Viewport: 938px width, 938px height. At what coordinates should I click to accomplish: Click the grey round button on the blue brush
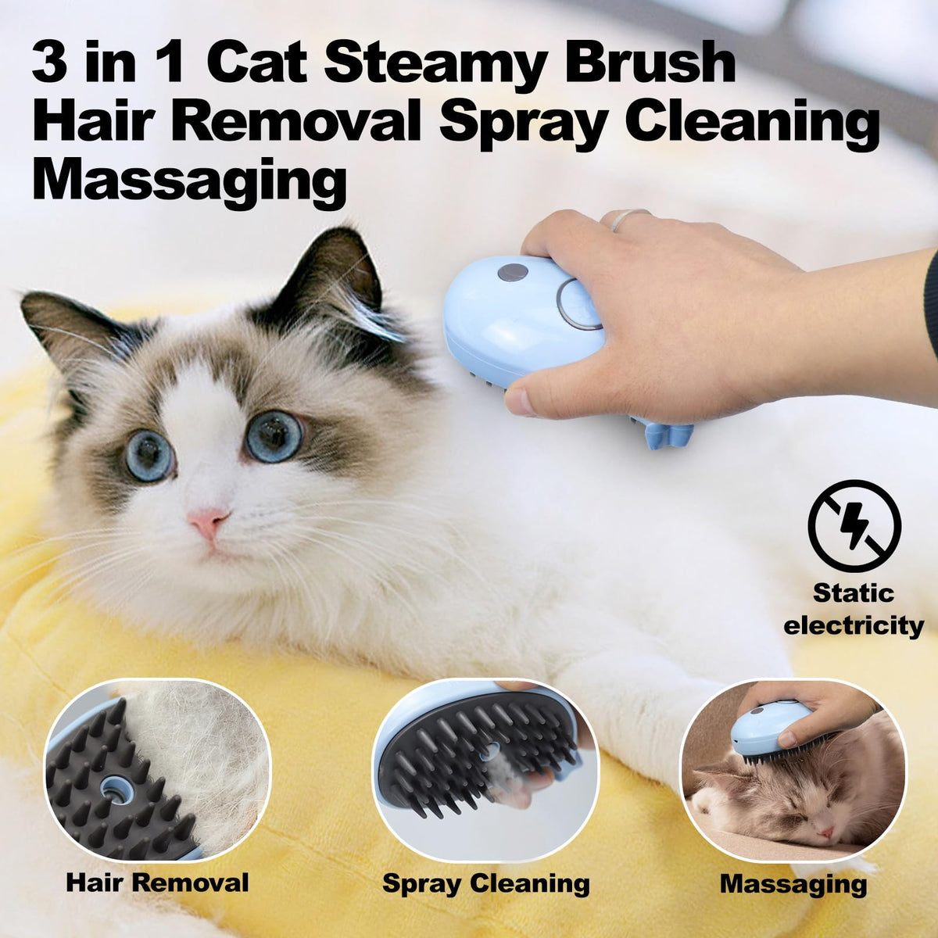click(512, 272)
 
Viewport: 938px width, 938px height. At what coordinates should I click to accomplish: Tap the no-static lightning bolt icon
click(854, 526)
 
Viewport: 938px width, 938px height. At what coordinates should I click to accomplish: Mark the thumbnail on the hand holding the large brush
click(519, 402)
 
